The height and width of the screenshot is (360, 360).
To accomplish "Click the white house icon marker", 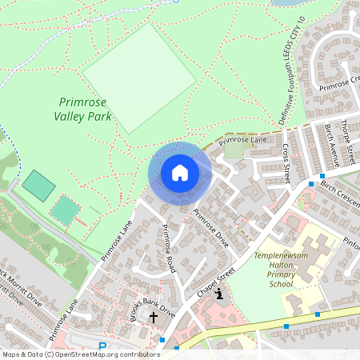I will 179,173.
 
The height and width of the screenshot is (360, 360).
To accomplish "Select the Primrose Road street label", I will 167,249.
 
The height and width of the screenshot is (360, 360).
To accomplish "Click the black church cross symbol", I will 154,318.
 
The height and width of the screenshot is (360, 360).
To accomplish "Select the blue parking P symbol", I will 102,347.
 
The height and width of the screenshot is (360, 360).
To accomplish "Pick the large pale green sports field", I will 139,78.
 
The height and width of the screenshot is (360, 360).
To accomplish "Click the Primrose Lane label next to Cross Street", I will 243,141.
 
